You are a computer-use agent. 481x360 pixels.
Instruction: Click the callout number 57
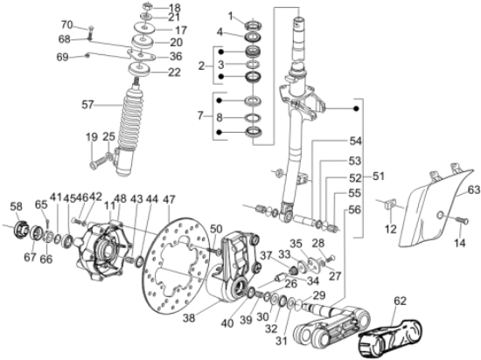(x=112, y=105)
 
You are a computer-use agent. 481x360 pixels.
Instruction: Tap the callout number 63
(x=473, y=189)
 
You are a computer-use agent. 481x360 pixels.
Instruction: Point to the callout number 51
(x=378, y=176)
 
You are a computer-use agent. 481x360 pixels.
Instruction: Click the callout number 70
(x=91, y=24)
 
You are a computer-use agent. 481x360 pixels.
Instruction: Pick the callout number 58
(x=16, y=206)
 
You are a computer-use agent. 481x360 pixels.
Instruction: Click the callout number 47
(x=169, y=199)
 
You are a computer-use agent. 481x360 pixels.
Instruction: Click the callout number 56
(x=355, y=209)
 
